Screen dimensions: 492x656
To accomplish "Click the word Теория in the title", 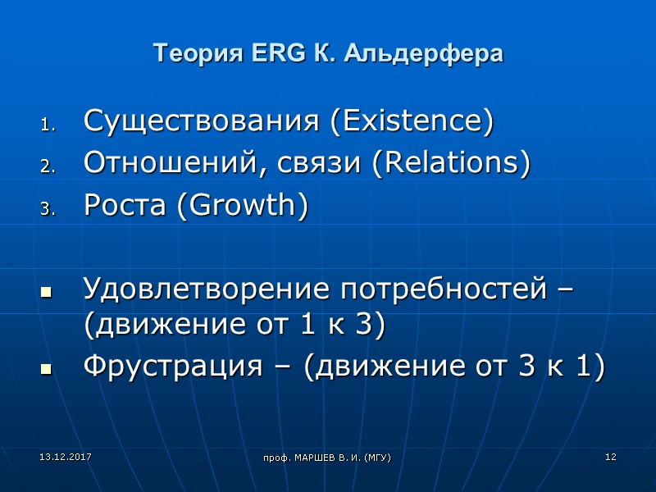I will tap(195, 54).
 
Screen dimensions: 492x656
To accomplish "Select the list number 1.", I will tap(46, 126).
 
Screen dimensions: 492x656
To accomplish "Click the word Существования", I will tap(202, 122).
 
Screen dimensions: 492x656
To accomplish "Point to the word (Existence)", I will tap(412, 122).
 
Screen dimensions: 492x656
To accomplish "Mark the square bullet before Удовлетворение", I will tap(46, 292).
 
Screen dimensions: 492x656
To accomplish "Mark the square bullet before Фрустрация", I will tap(46, 370).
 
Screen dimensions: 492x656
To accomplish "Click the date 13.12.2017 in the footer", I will tap(55, 455).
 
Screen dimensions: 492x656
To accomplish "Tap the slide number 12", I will tap(610, 456).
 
